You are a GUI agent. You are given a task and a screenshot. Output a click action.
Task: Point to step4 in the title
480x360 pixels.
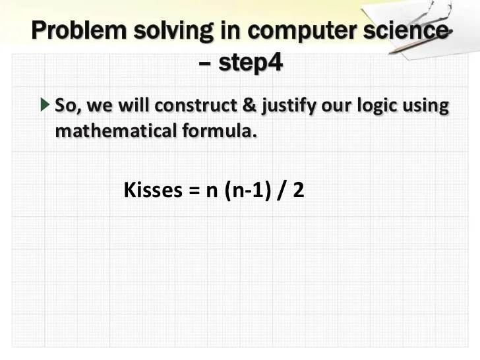coord(250,64)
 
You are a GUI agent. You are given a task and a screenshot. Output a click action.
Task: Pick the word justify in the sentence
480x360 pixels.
coord(285,107)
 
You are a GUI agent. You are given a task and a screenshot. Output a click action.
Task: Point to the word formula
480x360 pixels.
coord(218,131)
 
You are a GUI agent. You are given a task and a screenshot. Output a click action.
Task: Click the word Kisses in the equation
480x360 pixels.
coord(152,191)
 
